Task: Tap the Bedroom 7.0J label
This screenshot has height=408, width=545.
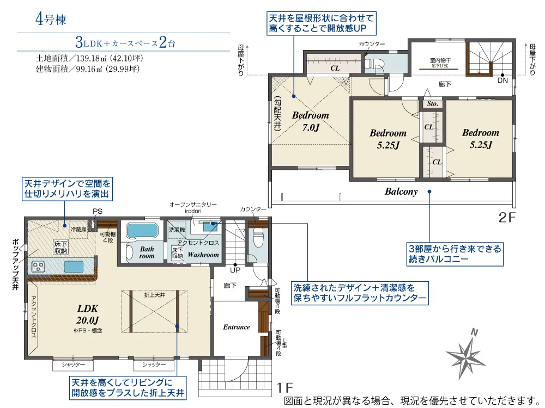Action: click(x=311, y=121)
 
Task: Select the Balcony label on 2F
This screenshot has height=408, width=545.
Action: click(x=401, y=191)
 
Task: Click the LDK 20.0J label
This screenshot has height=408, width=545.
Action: click(x=88, y=314)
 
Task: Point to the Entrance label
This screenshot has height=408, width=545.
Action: click(x=237, y=327)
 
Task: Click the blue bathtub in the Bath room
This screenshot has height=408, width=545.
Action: click(x=142, y=230)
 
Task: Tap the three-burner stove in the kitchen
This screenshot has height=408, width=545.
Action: click(x=38, y=267)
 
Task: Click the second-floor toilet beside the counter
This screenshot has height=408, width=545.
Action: click(x=374, y=64)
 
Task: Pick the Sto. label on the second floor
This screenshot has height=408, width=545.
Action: click(x=432, y=103)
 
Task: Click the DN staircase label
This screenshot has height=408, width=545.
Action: click(x=502, y=81)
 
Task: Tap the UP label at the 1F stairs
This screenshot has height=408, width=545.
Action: click(x=235, y=270)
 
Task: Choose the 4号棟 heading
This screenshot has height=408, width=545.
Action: click(x=51, y=18)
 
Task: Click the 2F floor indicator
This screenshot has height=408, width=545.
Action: click(x=507, y=218)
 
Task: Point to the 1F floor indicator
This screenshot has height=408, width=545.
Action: click(x=284, y=388)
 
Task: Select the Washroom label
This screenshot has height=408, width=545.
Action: click(x=203, y=255)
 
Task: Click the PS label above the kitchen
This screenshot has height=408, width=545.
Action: click(x=98, y=211)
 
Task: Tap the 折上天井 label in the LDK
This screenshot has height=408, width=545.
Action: click(x=155, y=295)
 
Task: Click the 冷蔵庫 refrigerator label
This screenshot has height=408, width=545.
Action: click(x=78, y=230)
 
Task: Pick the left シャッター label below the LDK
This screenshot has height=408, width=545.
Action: click(x=74, y=364)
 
